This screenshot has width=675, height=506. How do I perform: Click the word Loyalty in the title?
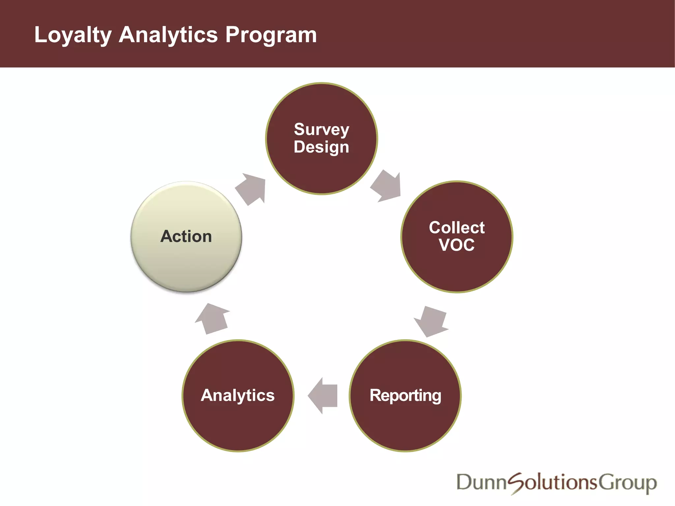73,35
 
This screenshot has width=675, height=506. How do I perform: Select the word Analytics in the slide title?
168,35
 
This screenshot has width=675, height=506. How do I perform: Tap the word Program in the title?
271,35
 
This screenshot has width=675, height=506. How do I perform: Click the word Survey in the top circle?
321,129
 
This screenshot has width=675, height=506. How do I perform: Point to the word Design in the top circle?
321,147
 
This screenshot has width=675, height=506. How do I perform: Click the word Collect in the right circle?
456,228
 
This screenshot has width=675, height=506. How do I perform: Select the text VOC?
456,245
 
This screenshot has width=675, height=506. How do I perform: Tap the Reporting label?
405,395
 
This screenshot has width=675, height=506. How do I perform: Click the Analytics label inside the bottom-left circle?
238,395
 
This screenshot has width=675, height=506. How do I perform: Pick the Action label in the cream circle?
186,237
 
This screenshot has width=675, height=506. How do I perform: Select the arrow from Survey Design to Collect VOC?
387,186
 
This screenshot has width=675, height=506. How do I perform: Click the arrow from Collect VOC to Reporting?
431,321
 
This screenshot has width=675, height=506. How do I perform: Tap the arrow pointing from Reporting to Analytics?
323,395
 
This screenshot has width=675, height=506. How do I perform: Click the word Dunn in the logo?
481,483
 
